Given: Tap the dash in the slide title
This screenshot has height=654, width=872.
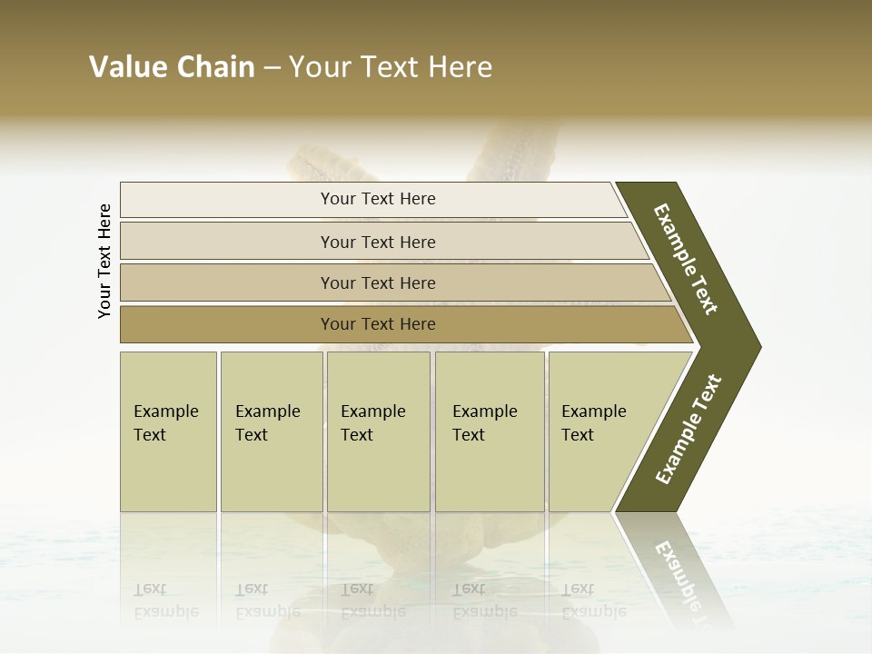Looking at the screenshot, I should tap(272, 68).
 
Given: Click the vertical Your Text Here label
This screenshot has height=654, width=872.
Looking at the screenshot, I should tap(104, 261).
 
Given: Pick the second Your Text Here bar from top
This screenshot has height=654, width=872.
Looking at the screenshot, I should tap(377, 242).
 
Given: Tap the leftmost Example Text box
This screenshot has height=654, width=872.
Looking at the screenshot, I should tap(168, 431).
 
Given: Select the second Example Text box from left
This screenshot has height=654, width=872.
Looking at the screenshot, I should tap(271, 431).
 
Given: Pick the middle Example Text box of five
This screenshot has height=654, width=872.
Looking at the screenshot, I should tap(378, 431).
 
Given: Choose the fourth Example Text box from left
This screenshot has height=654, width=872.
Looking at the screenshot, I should tap(489, 431).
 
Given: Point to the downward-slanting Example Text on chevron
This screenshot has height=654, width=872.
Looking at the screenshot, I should tap(686, 259).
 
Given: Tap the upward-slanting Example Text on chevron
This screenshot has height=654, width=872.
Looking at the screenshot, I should tap(689, 430).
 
